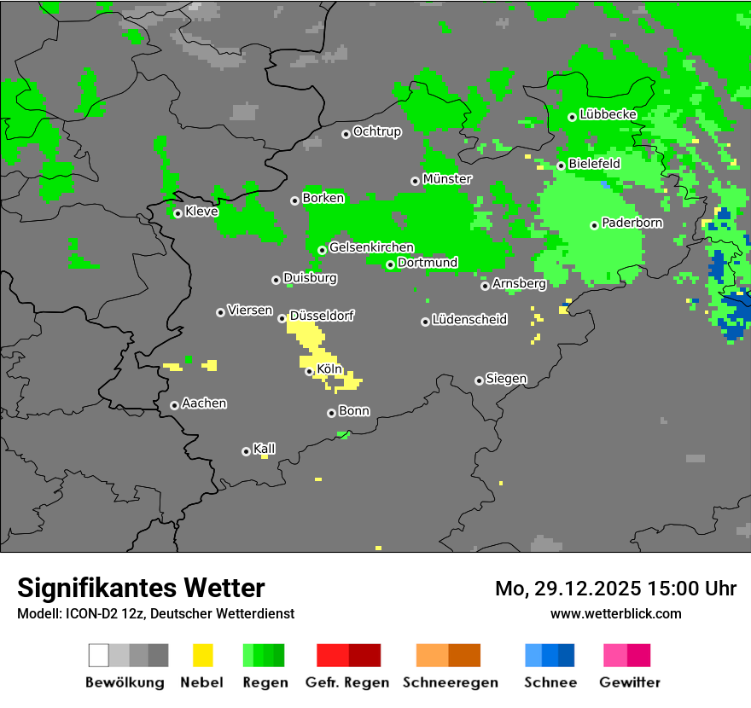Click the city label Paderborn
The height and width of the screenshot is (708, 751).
632,223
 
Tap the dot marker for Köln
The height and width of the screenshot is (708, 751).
309,371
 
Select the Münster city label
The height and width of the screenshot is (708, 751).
447,179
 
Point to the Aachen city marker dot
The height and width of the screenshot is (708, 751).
174,405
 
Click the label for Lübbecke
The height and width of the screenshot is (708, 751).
608,114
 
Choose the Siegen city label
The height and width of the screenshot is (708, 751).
506,379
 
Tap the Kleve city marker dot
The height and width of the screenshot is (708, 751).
178,213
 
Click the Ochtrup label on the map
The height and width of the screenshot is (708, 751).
376,132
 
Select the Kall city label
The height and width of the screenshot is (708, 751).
264,449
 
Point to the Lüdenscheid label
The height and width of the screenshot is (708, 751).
469,320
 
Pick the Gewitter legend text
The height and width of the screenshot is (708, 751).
629,682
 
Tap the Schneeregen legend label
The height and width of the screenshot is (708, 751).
450,682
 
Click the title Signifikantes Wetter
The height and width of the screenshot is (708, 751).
141,588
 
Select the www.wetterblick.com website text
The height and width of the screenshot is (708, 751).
615,613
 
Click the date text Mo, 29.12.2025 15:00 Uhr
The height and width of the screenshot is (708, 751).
615,589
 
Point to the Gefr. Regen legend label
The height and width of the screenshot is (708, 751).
347,682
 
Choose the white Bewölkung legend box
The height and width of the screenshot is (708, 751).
99,655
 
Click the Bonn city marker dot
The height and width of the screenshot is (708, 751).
332,413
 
